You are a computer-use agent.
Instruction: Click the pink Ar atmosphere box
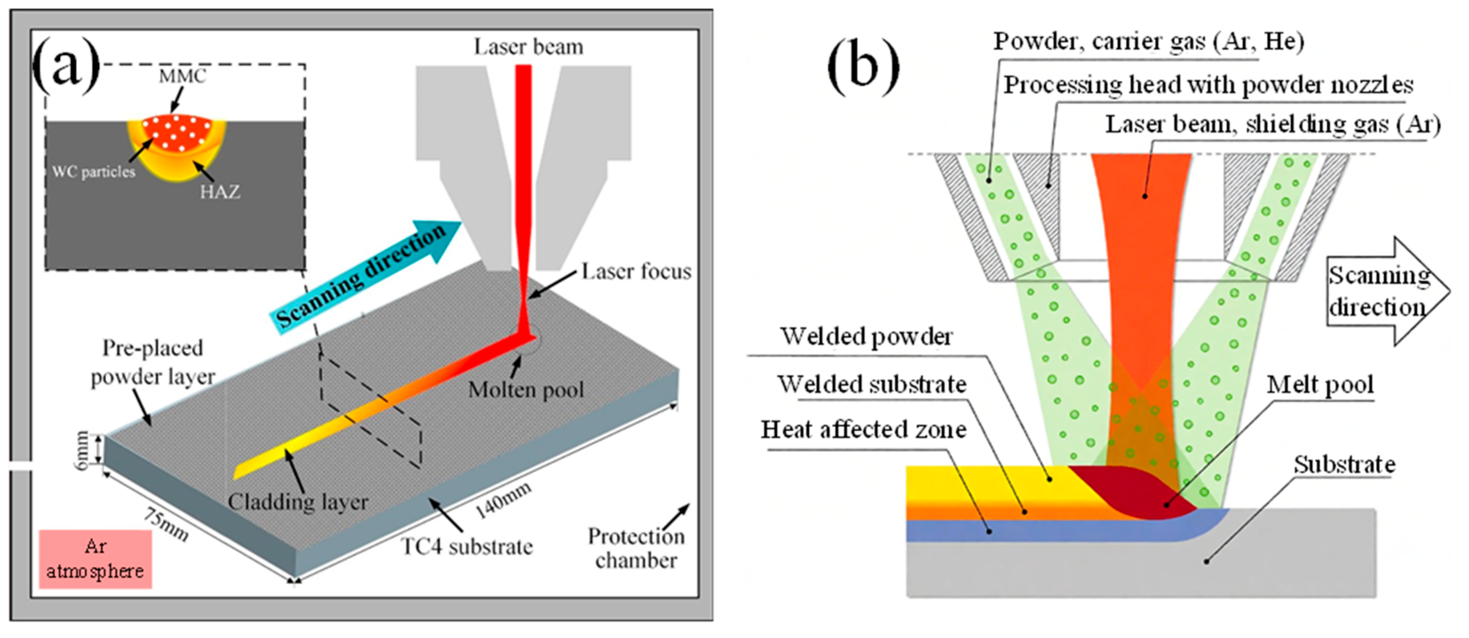(96, 559)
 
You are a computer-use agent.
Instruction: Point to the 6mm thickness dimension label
(82, 450)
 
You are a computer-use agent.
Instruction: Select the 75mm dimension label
(165, 524)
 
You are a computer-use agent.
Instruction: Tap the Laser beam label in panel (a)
(528, 47)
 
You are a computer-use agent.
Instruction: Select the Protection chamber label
(636, 548)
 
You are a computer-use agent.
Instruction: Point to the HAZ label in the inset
(220, 192)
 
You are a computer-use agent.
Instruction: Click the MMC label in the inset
(182, 76)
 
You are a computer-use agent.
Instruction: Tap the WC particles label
(94, 171)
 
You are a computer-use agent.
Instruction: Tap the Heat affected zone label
(863, 430)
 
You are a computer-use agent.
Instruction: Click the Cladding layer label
(298, 502)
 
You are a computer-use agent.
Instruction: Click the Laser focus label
(636, 272)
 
